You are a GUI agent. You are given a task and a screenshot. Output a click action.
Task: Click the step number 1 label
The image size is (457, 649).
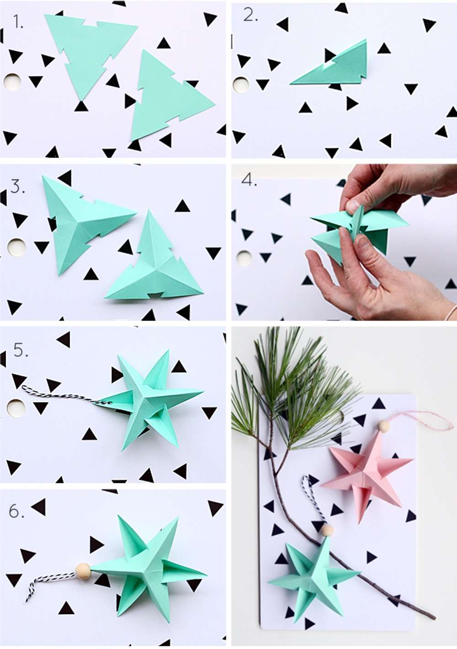point(18,21)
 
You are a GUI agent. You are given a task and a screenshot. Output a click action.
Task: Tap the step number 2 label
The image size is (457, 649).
point(250,15)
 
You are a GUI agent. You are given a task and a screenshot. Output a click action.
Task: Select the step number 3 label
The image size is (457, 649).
point(17,187)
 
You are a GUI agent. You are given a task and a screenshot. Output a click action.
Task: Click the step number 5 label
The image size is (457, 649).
point(21,350)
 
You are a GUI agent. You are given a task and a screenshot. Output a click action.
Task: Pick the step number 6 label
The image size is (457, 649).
point(16,511)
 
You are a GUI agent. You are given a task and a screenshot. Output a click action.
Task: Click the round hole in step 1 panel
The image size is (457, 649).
point(13,82)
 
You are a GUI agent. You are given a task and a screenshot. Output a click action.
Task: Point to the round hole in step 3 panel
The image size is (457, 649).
point(17,247)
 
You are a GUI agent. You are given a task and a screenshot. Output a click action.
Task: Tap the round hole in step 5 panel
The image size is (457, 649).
point(15,408)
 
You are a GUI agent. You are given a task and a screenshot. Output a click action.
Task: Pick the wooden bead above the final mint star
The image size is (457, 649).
point(326,530)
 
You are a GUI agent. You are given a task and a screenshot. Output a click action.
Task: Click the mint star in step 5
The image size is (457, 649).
point(146,397)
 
